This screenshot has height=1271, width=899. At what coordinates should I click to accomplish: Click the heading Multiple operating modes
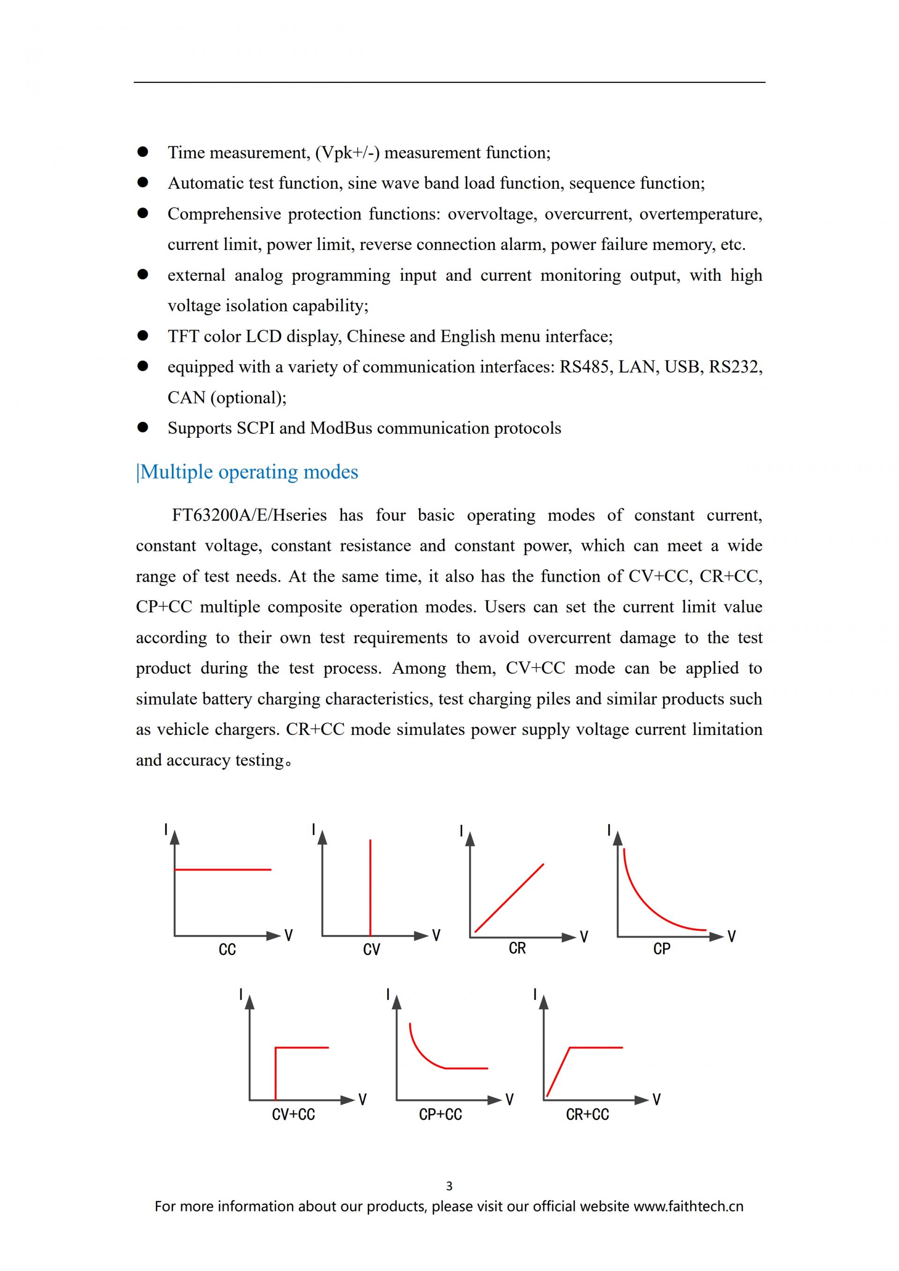coord(249,472)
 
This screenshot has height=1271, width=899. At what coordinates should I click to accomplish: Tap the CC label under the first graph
coord(227,950)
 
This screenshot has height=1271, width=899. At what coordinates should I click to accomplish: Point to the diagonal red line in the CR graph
coord(509,898)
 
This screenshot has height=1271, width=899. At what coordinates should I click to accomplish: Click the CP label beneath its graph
coord(662,949)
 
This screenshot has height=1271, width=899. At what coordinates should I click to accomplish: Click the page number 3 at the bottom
coord(449,1186)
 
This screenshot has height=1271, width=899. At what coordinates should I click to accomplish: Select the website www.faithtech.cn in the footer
coord(688,1207)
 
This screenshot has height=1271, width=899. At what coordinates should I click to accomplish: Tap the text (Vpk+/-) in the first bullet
coord(347,153)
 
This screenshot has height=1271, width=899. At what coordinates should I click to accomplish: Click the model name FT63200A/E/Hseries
coord(249,515)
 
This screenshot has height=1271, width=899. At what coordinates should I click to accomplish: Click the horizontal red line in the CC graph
coord(222,870)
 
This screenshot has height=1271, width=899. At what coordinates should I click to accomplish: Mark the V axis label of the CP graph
coord(731,937)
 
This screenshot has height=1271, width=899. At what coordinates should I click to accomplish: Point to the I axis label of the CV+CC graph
coord(241,995)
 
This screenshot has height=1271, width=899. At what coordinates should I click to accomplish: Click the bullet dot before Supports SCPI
coord(143,427)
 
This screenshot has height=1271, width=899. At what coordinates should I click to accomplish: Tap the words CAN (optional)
coord(227,398)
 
